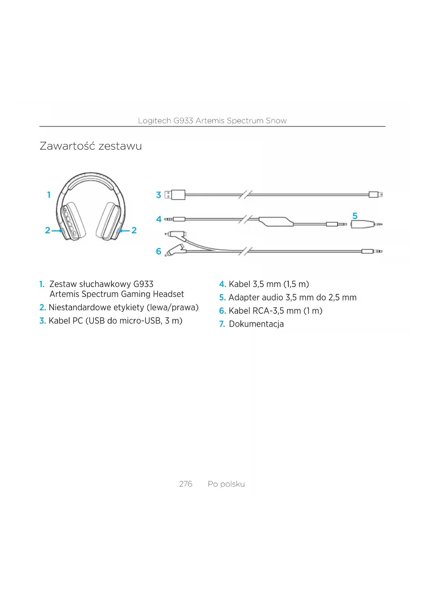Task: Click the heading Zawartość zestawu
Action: (91, 146)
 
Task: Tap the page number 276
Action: (186, 484)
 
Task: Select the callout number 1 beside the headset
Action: (49, 195)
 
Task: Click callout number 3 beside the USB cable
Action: (159, 195)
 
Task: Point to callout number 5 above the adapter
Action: (355, 216)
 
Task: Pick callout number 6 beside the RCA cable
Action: (159, 251)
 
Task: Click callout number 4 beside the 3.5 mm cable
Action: (159, 219)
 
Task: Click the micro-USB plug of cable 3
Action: (375, 195)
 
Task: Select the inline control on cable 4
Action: (276, 221)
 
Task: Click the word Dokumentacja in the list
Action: (256, 324)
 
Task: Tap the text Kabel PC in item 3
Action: (65, 321)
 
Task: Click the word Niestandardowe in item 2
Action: (79, 308)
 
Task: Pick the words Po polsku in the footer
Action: (226, 484)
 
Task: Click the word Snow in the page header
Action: (276, 121)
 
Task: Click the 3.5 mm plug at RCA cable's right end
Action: (372, 251)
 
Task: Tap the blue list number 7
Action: (222, 324)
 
